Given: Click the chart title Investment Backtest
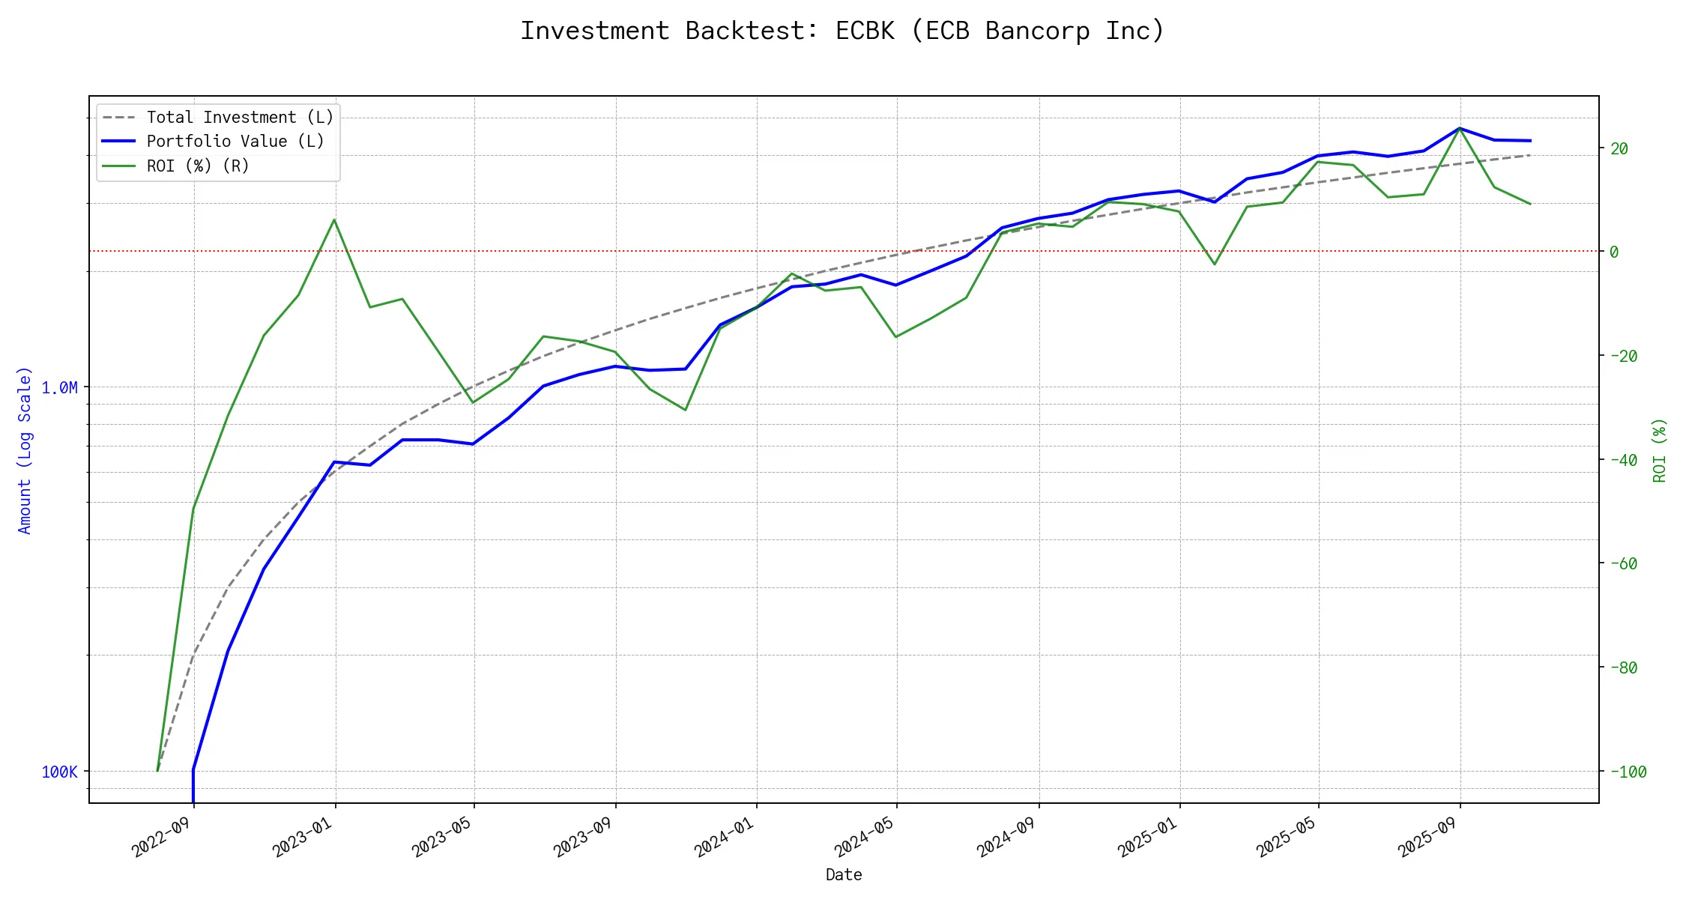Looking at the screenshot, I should point(842,31).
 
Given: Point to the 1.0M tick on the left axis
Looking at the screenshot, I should point(59,387).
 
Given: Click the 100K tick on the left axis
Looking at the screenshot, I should point(59,772).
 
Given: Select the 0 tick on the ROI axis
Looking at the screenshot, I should point(1614,252).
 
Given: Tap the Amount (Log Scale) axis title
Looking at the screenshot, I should point(25,450).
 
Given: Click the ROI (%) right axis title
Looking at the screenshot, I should point(1659,450).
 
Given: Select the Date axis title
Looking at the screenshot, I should point(844,874).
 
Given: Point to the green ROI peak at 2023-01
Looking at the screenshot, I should point(334,220).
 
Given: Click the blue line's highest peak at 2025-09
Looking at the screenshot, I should point(1459,128).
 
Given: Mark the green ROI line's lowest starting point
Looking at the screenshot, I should point(157,770).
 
